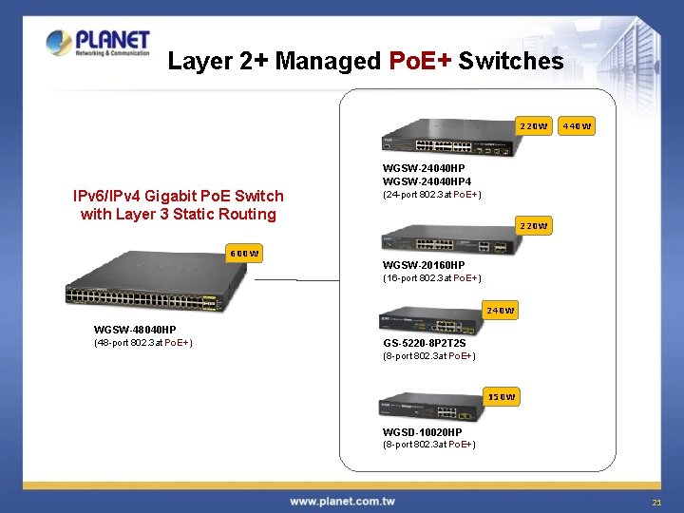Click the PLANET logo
tap(98, 44)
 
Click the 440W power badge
tap(577, 126)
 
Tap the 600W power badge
tap(244, 254)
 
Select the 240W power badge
tap(500, 311)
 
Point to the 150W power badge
tap(501, 396)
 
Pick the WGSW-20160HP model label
tap(424, 265)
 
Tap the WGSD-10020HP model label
tap(423, 432)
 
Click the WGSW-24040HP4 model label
tap(427, 181)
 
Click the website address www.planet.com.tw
tap(342, 501)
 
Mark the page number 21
tap(655, 502)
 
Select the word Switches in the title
tap(510, 62)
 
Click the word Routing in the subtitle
tap(245, 214)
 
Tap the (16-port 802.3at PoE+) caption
tap(431, 277)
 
